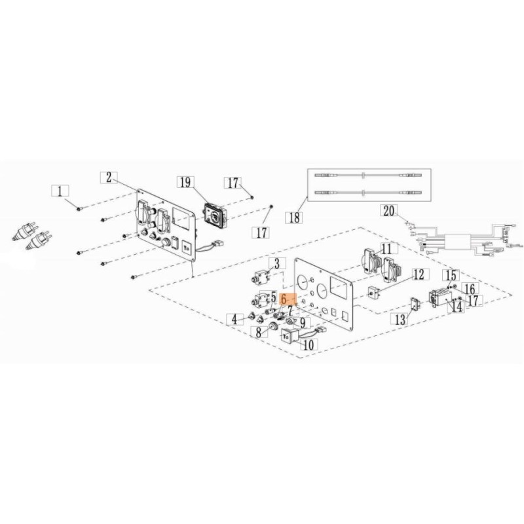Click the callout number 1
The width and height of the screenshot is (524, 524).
[x=60, y=191]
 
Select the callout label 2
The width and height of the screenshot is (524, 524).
[x=109, y=177]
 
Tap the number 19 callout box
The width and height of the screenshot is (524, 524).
[x=185, y=182]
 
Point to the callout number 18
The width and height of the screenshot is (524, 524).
[x=294, y=217]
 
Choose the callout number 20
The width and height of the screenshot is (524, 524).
[x=388, y=211]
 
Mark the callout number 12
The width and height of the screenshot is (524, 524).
[x=419, y=274]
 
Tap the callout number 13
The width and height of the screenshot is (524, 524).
[x=400, y=320]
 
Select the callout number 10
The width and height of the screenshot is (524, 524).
[x=309, y=345]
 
